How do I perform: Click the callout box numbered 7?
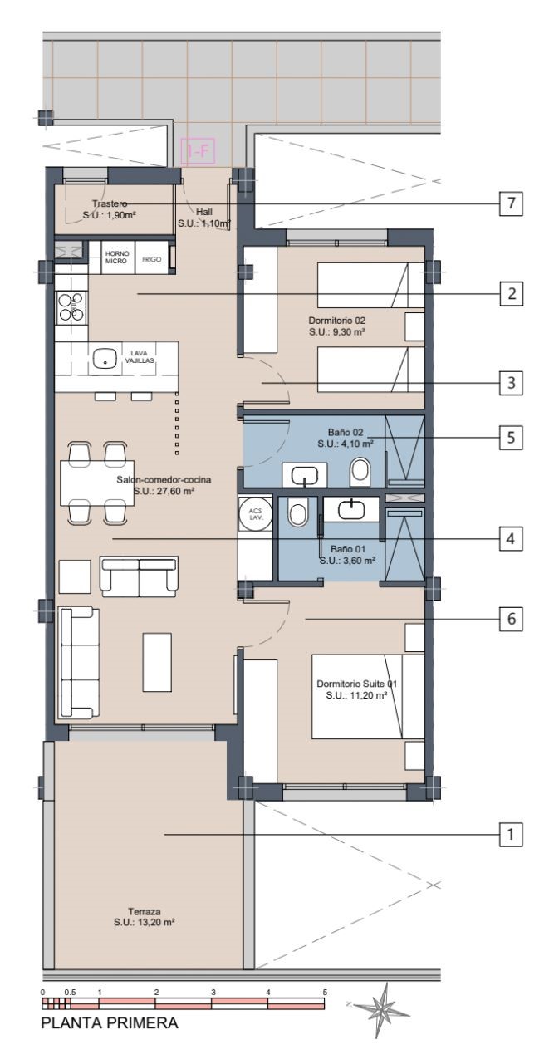point(511,203)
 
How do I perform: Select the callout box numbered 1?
point(511,834)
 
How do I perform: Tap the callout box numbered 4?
point(511,539)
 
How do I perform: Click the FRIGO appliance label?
point(151,259)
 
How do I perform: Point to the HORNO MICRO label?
point(116,257)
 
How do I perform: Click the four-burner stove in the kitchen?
point(71,306)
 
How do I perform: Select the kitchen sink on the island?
point(105,358)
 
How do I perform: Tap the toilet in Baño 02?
point(359,472)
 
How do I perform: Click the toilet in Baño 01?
point(298,512)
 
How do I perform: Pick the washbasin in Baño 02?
point(305,475)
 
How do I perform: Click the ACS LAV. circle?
point(256,513)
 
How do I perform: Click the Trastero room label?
point(110,203)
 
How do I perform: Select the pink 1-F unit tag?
point(198,152)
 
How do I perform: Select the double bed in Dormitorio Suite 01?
point(368,696)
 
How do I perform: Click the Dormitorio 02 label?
point(337,321)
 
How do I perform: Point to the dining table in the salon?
point(97,483)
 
